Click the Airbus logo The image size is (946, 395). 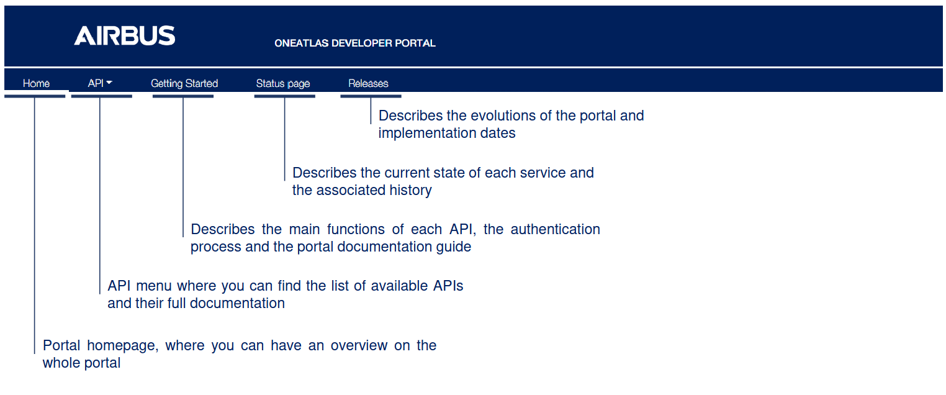coord(124,35)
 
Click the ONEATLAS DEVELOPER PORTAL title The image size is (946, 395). coord(354,43)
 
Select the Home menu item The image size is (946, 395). coord(36,83)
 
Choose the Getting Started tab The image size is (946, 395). coord(184,83)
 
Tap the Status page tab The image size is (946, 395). coord(282,83)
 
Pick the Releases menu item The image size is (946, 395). coord(368,83)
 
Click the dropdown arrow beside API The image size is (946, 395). coord(109,83)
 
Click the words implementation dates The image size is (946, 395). coord(447,133)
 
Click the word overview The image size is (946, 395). coord(360,345)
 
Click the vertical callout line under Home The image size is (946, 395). coord(35,224)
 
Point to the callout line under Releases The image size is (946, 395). coord(371,111)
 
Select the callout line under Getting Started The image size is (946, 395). coord(183,168)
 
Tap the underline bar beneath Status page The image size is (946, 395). coord(284,96)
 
